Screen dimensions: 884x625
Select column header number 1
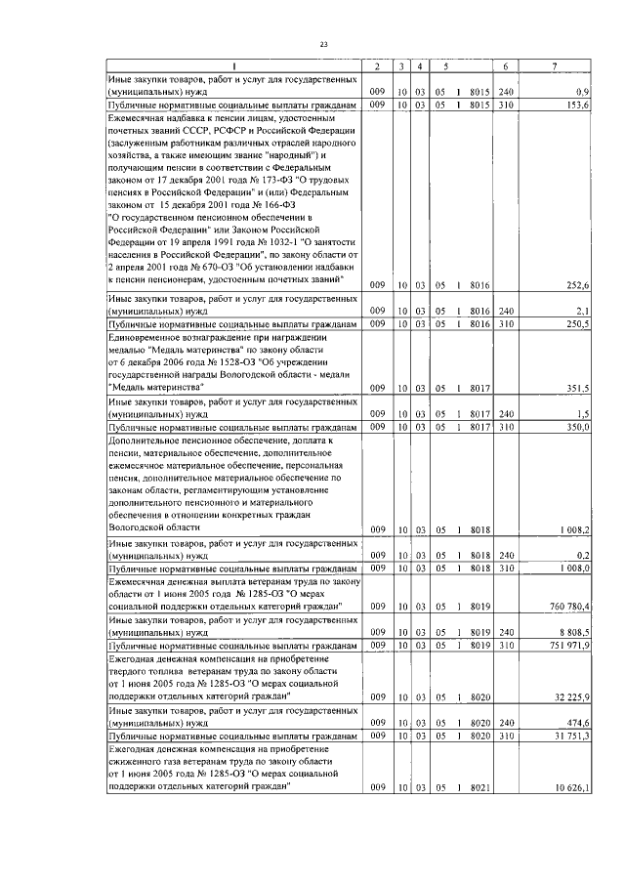coord(231,65)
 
